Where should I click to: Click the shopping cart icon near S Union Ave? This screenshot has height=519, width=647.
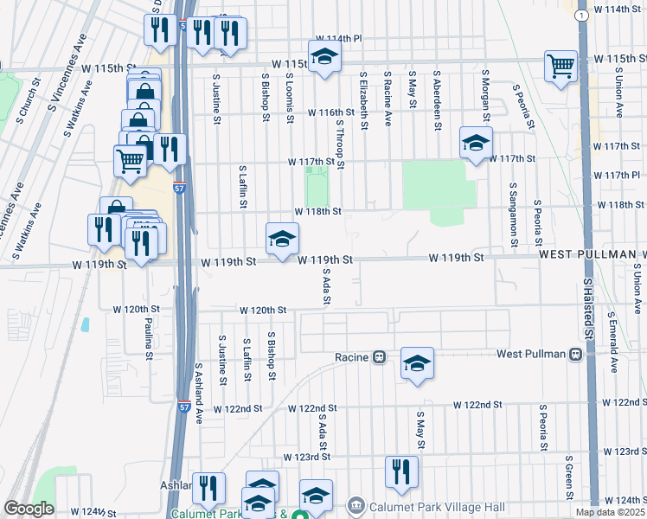[561, 66]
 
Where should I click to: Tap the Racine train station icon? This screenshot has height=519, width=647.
[379, 356]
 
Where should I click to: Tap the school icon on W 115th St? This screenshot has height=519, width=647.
[324, 57]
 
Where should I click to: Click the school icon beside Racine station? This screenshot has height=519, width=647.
[417, 363]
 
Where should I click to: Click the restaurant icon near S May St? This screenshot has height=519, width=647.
[401, 472]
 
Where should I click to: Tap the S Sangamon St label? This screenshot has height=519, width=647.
[514, 211]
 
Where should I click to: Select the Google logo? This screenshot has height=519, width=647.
[29, 509]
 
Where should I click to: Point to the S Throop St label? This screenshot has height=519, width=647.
[341, 144]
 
